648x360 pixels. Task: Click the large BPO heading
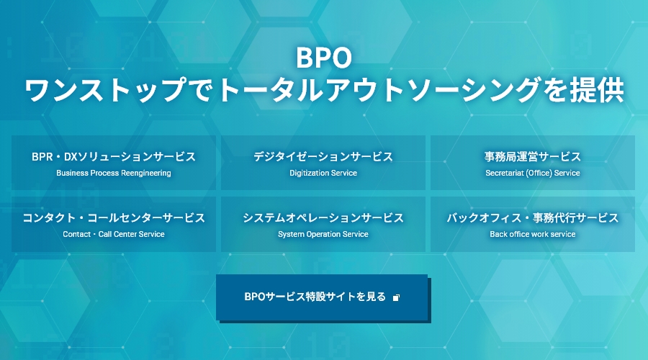click(323, 58)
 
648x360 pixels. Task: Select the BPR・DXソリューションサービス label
click(114, 157)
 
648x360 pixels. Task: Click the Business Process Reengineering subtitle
click(114, 174)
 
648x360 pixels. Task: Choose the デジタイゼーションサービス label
click(323, 157)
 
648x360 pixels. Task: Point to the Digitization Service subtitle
click(323, 174)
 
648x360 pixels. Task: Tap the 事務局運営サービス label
click(533, 157)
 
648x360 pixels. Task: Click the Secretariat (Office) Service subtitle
click(533, 174)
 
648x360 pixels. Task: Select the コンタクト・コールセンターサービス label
click(114, 218)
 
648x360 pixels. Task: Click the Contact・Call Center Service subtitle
click(114, 234)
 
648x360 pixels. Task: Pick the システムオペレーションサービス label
click(323, 218)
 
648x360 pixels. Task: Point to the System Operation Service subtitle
click(323, 234)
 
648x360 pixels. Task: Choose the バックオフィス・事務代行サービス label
click(533, 218)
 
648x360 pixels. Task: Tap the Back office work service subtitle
click(533, 234)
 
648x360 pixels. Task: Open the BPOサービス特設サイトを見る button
click(322, 297)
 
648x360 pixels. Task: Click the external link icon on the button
click(396, 297)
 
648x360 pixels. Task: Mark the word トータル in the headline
click(271, 90)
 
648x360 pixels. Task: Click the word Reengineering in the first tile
click(147, 174)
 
